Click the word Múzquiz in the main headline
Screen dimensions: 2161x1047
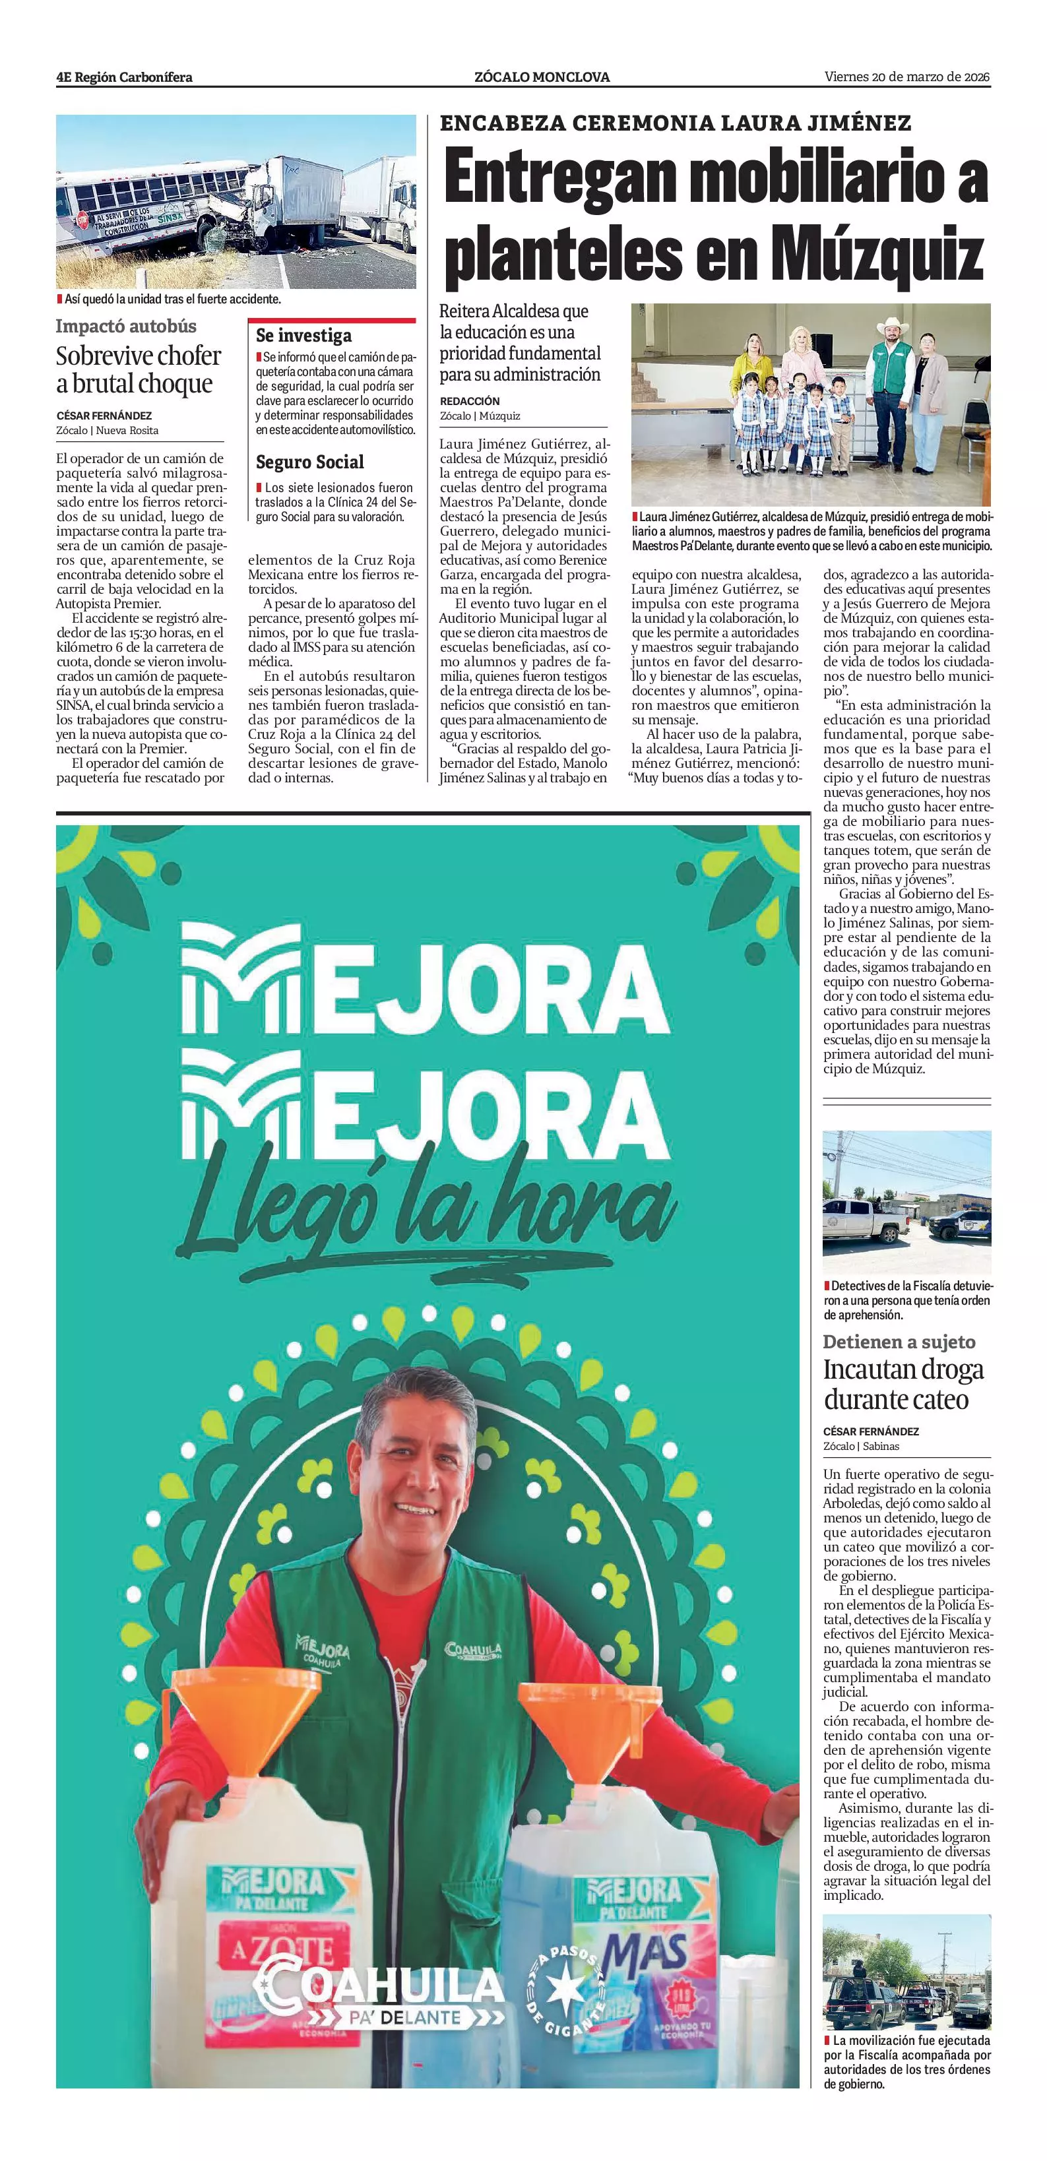877,251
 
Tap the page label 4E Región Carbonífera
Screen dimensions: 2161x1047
124,77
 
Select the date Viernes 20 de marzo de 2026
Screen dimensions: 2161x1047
907,77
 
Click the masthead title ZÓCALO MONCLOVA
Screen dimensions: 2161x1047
542,77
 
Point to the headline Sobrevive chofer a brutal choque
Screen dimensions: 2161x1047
139,369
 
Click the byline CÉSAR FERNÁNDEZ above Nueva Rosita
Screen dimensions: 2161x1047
104,416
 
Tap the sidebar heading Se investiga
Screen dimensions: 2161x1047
303,336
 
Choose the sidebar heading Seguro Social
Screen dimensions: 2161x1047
309,462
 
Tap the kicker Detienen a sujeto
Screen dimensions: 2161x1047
899,1342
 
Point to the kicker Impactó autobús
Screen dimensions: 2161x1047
126,327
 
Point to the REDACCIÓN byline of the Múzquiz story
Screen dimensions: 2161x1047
469,401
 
